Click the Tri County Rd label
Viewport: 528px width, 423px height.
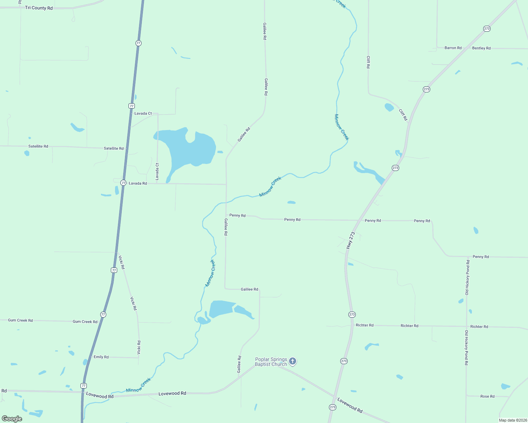coord(39,8)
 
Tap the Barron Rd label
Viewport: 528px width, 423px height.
coord(453,48)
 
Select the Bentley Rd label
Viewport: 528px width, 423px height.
coord(481,48)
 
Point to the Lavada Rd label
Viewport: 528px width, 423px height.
coord(138,183)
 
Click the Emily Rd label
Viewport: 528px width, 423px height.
coord(101,357)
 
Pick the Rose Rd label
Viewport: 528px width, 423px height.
coord(487,396)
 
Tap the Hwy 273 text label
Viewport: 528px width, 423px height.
coord(350,240)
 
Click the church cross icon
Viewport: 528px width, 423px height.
coord(292,361)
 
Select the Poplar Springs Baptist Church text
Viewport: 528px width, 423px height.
coord(271,362)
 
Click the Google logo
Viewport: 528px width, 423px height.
coord(12,419)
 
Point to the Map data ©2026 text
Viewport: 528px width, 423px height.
coord(512,420)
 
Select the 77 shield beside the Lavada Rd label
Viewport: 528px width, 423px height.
coord(123,183)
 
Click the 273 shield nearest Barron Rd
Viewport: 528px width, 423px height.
coord(487,29)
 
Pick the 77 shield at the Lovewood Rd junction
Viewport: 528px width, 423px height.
coord(83,386)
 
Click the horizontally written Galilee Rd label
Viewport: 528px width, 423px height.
coord(249,289)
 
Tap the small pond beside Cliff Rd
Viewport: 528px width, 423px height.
coord(389,107)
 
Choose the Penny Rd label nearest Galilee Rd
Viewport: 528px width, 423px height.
coord(237,215)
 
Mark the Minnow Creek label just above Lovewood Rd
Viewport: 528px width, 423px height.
coord(138,385)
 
